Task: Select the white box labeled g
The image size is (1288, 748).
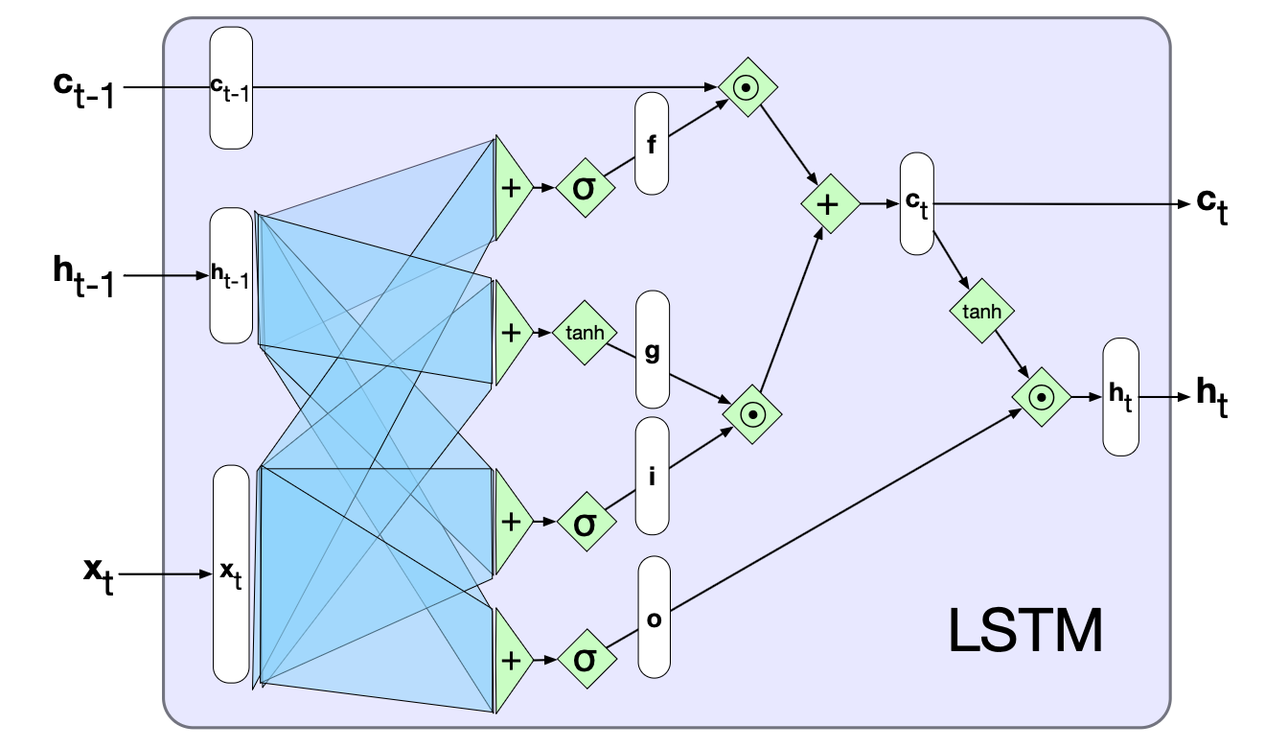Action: pyautogui.click(x=652, y=350)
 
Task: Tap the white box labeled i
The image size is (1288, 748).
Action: pyautogui.click(x=652, y=476)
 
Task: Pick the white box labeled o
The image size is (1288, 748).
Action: pyautogui.click(x=654, y=617)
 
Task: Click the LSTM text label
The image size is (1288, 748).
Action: pyautogui.click(x=1025, y=630)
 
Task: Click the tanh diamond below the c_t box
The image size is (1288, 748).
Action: pyautogui.click(x=981, y=311)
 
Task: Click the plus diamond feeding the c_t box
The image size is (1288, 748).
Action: pyautogui.click(x=830, y=203)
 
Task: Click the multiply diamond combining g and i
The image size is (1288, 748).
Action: pyautogui.click(x=753, y=413)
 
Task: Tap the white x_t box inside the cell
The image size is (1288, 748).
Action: pyautogui.click(x=230, y=573)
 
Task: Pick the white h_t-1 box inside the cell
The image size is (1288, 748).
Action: pyautogui.click(x=230, y=275)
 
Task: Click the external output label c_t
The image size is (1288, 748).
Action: pyautogui.click(x=1211, y=208)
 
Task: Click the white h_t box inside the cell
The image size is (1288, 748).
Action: pyautogui.click(x=1121, y=396)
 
